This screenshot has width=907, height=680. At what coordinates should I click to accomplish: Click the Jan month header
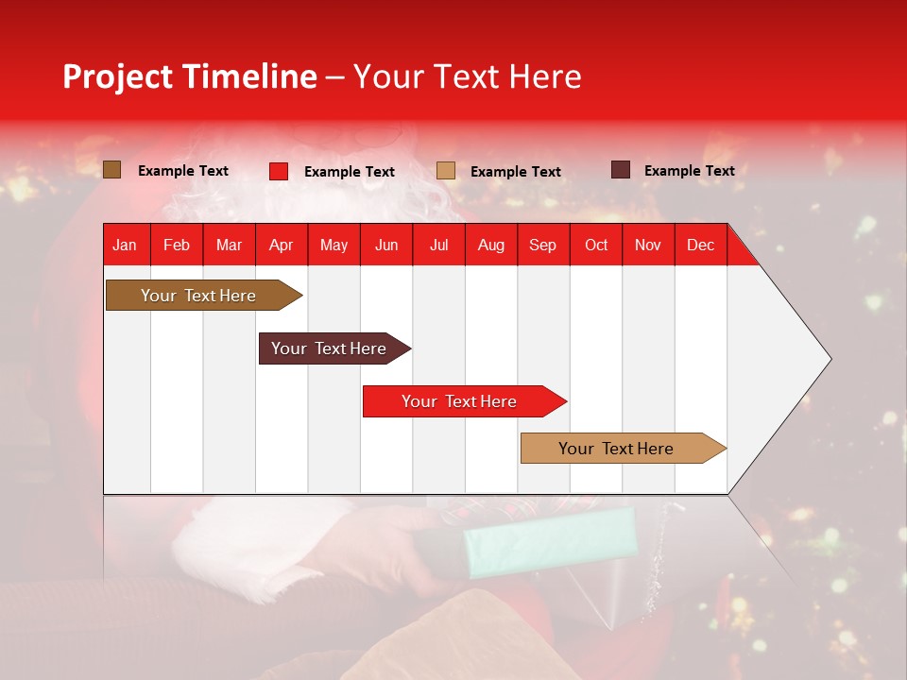tap(125, 245)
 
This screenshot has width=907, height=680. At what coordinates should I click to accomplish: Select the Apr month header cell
tap(282, 245)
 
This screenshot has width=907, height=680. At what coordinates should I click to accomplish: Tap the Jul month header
tap(438, 245)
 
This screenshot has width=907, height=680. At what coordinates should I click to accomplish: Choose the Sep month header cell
tap(542, 245)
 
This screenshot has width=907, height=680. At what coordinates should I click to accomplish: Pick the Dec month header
tap(700, 245)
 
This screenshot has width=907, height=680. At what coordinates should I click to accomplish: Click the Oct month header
tap(596, 245)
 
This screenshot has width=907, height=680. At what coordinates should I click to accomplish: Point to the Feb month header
tap(177, 245)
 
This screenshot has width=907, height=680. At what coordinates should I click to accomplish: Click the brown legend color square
tap(112, 170)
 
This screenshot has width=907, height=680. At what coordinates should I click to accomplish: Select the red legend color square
tap(279, 171)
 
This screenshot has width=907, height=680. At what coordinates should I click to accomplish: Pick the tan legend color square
tap(446, 171)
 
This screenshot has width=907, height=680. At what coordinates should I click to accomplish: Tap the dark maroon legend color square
tap(620, 170)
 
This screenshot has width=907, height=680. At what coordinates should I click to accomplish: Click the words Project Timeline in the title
tap(189, 76)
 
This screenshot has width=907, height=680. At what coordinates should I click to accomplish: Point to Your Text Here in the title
tap(467, 76)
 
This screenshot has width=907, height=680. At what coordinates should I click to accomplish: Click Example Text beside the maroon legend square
tap(689, 171)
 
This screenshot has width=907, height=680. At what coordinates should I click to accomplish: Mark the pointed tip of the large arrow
tap(829, 359)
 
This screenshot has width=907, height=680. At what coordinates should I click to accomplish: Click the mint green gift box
tap(553, 543)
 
